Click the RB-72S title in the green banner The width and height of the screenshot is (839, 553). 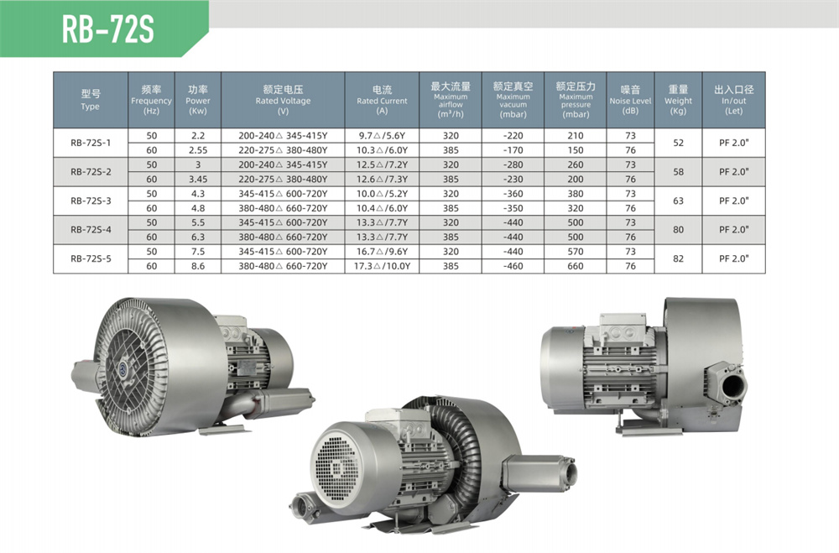(107, 29)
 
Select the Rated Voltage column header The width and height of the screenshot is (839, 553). (283, 100)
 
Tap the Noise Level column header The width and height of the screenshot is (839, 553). (630, 100)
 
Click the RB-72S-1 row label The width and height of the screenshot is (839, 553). (91, 143)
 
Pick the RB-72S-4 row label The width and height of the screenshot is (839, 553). (91, 230)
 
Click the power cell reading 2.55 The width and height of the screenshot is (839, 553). (198, 150)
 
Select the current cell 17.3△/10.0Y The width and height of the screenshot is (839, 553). (382, 266)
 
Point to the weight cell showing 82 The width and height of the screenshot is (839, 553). (678, 258)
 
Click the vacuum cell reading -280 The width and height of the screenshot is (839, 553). (513, 164)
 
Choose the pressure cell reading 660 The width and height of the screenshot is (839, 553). (576, 266)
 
